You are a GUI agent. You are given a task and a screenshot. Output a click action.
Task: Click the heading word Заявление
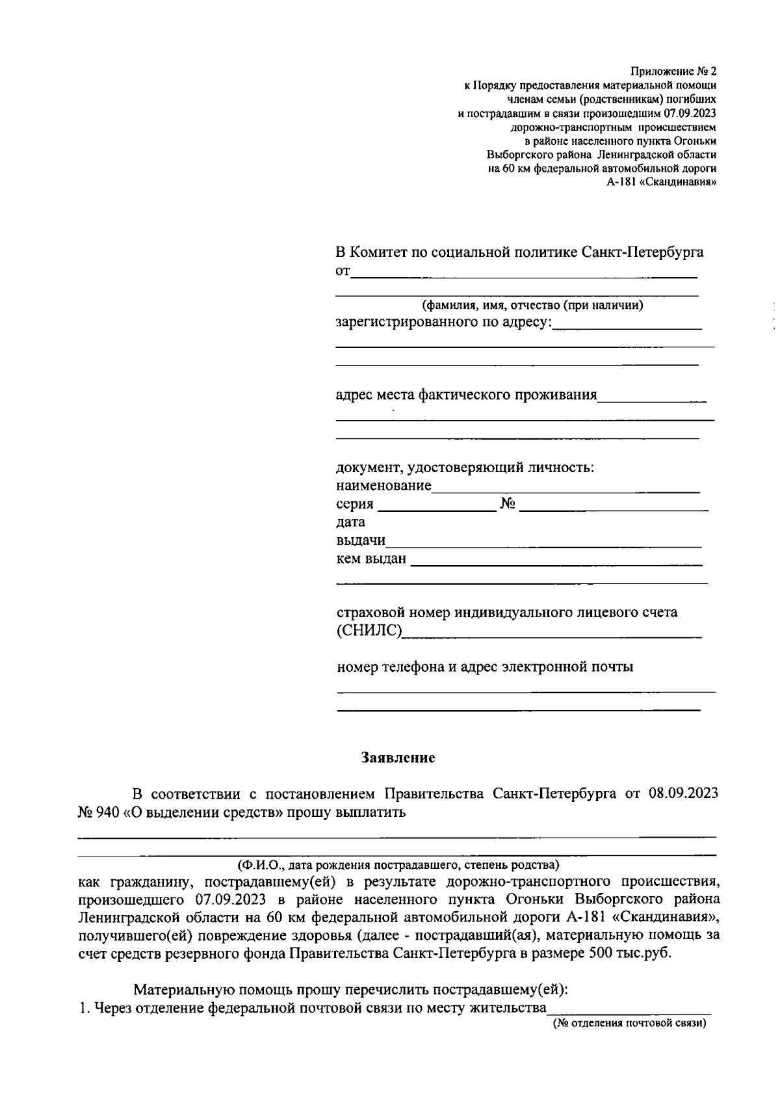click(398, 758)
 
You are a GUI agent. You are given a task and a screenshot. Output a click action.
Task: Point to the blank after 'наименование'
click(565, 486)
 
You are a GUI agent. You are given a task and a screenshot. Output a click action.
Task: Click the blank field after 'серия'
click(437, 505)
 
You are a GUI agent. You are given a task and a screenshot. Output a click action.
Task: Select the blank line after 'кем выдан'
click(556, 559)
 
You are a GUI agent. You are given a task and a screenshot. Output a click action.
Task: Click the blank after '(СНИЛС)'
click(551, 632)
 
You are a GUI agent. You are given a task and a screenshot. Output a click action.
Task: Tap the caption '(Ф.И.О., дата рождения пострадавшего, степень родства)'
click(398, 866)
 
